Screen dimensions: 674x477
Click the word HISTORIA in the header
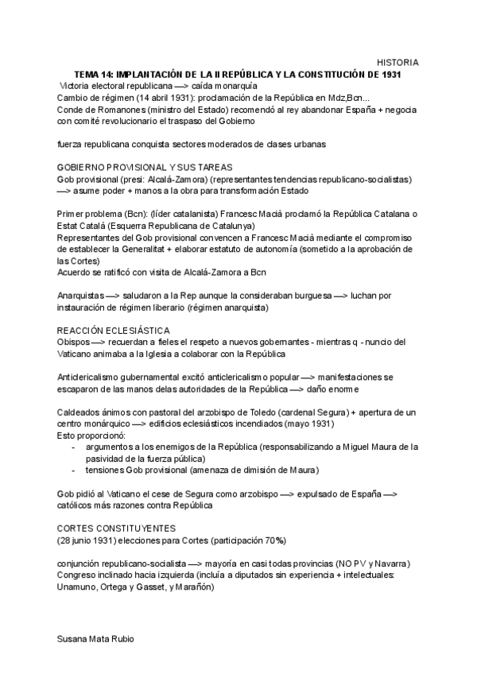(x=397, y=62)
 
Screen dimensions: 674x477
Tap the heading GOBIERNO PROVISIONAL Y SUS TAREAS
(x=145, y=167)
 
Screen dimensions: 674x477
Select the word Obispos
(x=74, y=342)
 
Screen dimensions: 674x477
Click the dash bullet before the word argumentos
(x=74, y=447)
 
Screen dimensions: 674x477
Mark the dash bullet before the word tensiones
(x=74, y=470)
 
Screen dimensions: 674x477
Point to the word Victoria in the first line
(x=77, y=86)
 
